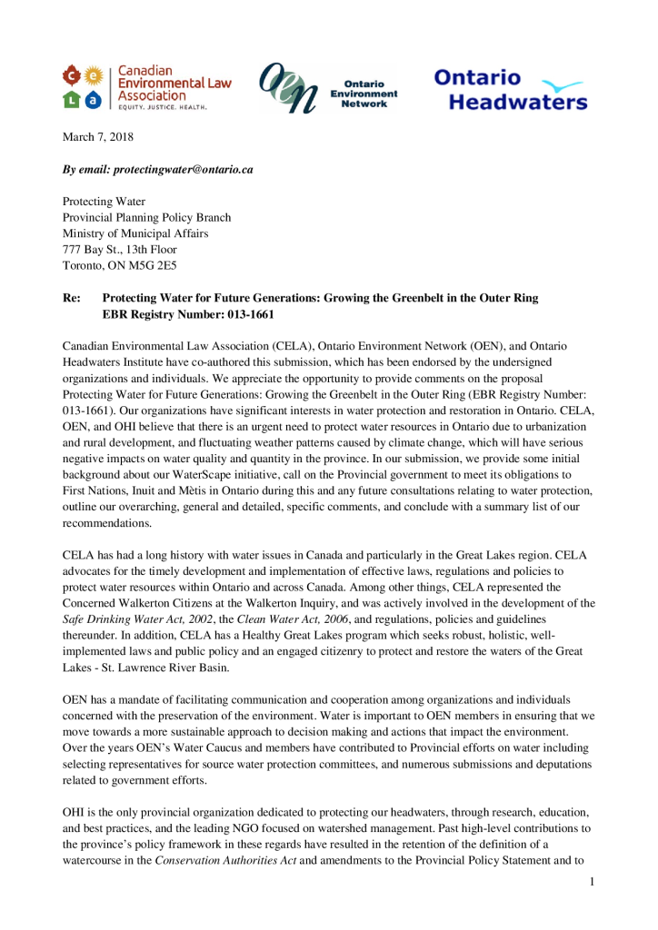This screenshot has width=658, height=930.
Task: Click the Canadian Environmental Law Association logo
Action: click(x=146, y=87)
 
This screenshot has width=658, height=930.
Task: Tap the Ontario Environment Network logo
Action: click(x=329, y=89)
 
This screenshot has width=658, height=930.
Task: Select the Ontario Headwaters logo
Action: click(x=509, y=89)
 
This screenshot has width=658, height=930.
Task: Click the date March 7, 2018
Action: click(x=99, y=136)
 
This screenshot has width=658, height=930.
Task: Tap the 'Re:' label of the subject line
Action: click(x=72, y=298)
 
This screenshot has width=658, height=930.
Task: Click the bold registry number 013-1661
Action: click(x=243, y=314)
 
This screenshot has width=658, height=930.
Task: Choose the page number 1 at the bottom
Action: click(x=591, y=881)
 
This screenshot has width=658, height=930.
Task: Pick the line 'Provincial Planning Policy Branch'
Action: click(x=146, y=217)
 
